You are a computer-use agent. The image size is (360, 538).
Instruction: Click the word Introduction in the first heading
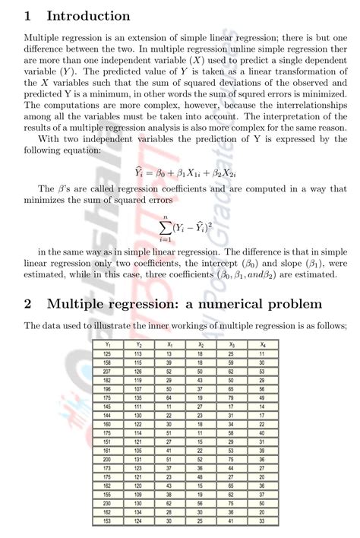pos(88,16)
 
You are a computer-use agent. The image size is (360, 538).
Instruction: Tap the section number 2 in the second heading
pos(28,304)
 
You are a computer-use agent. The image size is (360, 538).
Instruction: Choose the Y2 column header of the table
pos(137,344)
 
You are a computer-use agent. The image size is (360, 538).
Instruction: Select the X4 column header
pos(262,344)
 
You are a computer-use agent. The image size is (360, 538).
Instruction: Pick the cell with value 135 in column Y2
pos(137,397)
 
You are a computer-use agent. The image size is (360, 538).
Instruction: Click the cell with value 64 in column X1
pos(169,397)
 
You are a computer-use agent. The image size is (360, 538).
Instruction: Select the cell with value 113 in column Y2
pos(137,353)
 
